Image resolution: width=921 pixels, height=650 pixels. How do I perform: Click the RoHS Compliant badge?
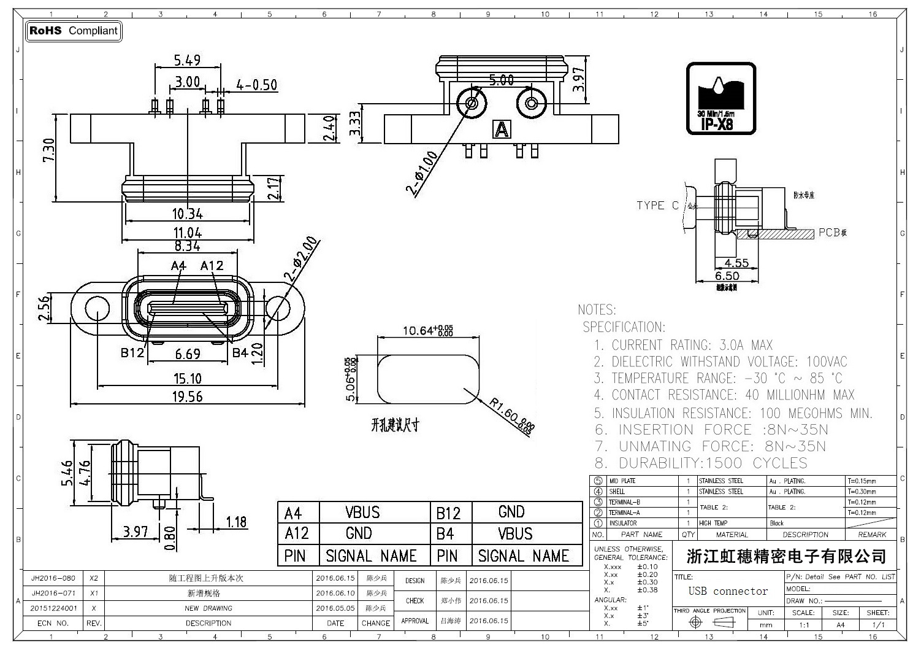tap(74, 31)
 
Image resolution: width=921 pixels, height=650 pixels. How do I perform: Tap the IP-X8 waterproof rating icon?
tap(720, 98)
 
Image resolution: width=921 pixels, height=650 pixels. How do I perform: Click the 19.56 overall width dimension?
tap(187, 397)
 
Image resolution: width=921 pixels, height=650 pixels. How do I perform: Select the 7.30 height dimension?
tap(49, 150)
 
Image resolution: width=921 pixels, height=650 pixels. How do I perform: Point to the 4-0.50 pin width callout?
tap(256, 84)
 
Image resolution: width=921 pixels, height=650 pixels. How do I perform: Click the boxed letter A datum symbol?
tap(502, 130)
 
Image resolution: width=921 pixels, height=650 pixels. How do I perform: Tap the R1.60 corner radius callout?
tap(511, 416)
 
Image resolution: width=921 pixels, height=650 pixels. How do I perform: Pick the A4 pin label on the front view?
tap(178, 265)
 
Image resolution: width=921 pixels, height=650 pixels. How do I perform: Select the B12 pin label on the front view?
tap(132, 353)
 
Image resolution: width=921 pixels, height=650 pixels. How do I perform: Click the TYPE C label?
tap(657, 206)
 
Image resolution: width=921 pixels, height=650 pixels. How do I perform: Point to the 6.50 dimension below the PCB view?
tap(727, 276)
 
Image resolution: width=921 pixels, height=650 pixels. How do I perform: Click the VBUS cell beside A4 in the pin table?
tap(362, 513)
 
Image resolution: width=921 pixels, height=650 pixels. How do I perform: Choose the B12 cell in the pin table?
tap(448, 513)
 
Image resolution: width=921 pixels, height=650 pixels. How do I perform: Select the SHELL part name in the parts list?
tap(617, 492)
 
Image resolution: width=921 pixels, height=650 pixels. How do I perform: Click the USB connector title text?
tap(728, 592)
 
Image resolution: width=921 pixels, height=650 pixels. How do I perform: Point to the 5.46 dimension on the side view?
tap(67, 473)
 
